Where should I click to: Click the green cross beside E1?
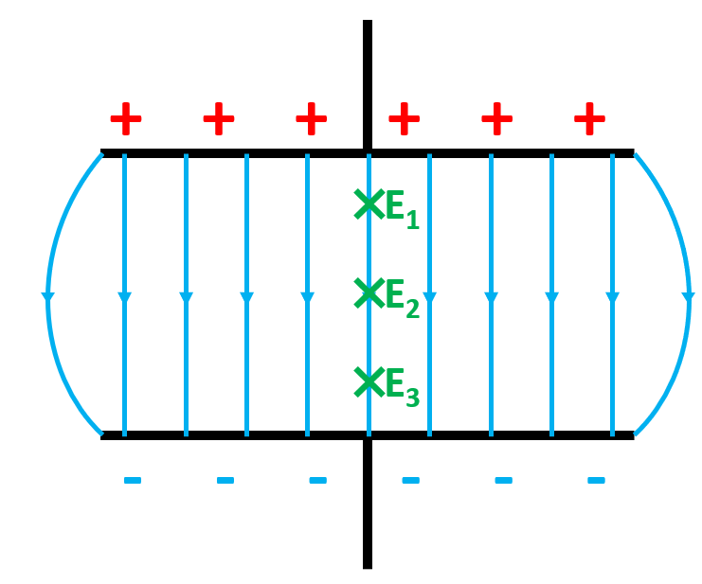pos(368,203)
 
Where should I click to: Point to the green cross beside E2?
pos(368,292)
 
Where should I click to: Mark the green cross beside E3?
pos(368,381)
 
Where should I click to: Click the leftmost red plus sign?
pos(126,119)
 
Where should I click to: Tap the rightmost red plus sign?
pos(589,119)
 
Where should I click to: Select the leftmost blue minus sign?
pos(133,481)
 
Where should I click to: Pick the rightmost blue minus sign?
pos(596,481)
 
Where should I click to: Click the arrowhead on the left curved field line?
pos(48,300)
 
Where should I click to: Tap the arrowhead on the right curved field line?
pos(687,300)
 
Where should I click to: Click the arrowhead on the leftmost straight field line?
pos(124,299)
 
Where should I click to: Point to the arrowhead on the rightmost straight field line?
pos(612,299)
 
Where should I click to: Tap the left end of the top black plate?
pos(105,152)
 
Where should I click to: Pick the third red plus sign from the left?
pos(311,119)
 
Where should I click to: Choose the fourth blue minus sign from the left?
pos(410,481)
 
